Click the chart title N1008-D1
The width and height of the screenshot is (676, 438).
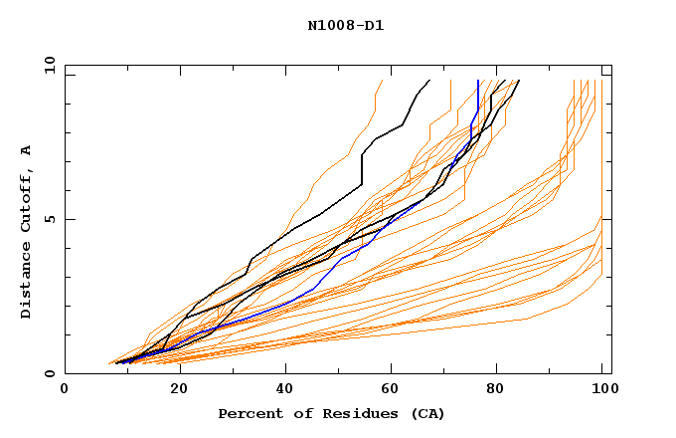346,26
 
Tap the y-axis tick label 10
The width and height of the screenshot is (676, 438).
48,65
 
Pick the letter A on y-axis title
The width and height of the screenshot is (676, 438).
27,149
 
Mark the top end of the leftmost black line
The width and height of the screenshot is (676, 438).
429,80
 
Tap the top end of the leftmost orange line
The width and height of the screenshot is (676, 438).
383,80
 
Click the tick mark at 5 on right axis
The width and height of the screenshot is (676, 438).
607,219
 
